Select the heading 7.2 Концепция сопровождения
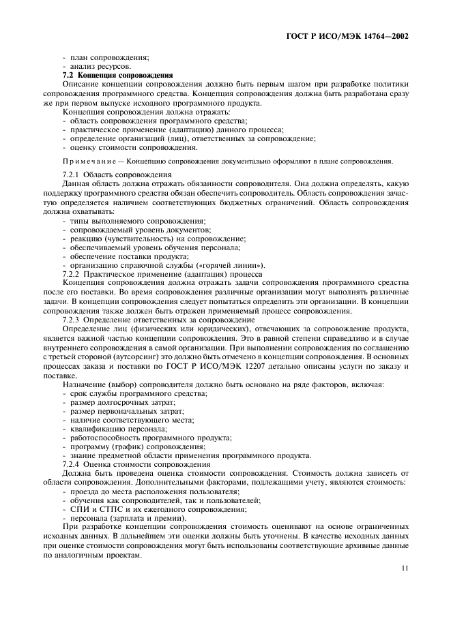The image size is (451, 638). pyautogui.click(x=117, y=74)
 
